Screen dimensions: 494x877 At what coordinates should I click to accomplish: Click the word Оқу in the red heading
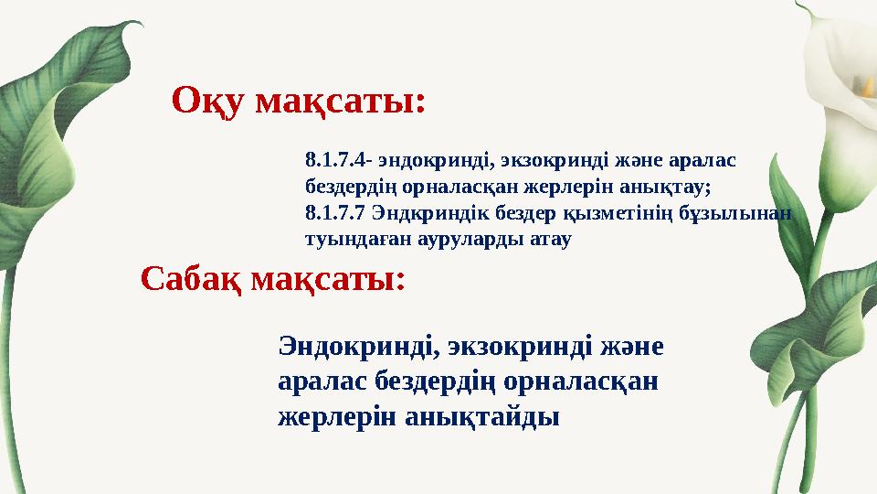coord(209,101)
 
